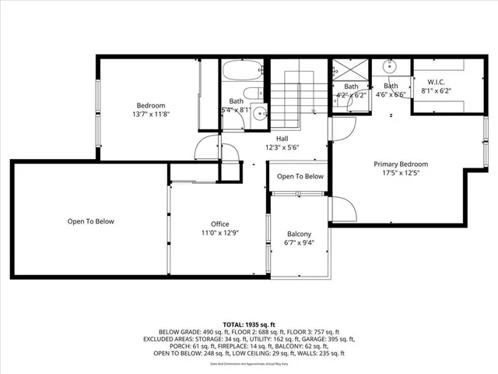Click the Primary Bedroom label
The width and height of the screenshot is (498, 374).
pos(401,164)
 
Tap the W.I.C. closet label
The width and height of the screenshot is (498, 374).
pos(432,81)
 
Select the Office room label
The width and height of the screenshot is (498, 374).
pos(219,224)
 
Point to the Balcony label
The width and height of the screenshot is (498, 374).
pos(299,235)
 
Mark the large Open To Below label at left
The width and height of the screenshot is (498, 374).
pos(90,221)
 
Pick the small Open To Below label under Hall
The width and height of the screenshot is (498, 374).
pos(300,176)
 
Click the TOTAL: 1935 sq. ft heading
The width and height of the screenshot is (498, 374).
pos(249,323)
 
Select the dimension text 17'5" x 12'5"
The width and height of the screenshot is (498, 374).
pos(401,173)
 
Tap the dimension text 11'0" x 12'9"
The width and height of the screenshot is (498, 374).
pos(219,232)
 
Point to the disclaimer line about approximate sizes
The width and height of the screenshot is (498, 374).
pos(249,363)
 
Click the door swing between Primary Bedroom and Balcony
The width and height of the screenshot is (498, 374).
pos(343,208)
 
